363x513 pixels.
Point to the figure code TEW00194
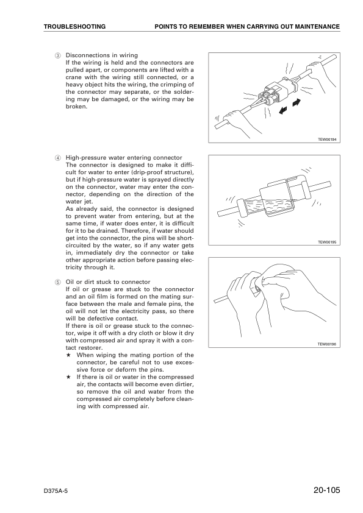click(327, 139)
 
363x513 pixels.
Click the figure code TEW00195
click(327, 242)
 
